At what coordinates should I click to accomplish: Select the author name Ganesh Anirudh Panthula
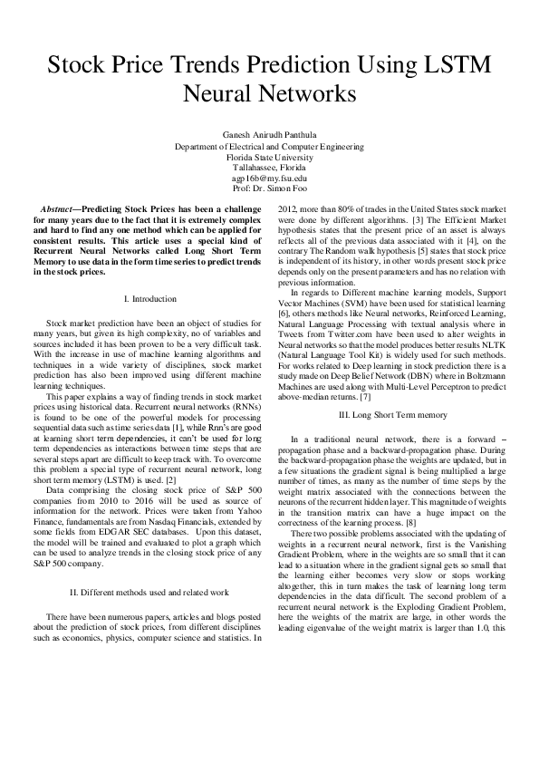coord(269,135)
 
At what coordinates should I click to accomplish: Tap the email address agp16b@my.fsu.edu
coord(269,179)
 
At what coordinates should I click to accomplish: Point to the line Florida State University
coord(269,157)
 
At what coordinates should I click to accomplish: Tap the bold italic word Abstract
coord(63,209)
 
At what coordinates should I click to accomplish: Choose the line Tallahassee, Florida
coord(269,168)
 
